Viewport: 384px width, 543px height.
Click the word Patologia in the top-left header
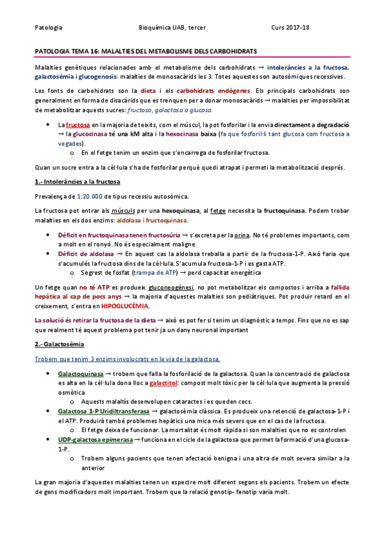pos(49,28)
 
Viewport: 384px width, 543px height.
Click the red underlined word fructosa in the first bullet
pos(78,125)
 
